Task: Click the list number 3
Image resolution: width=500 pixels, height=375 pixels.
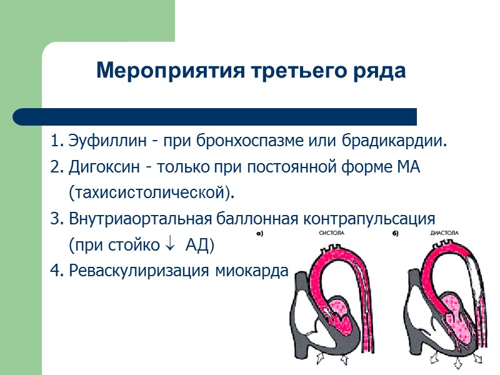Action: (56, 219)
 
